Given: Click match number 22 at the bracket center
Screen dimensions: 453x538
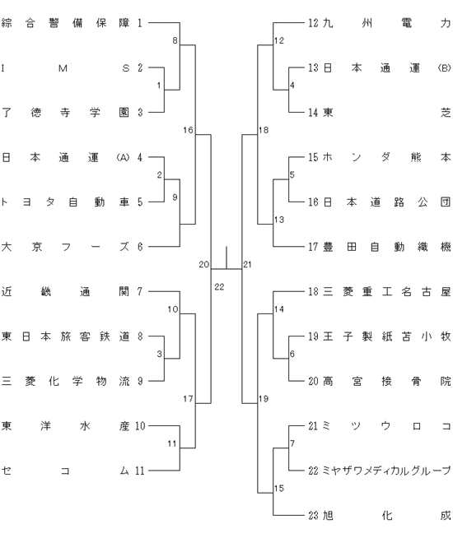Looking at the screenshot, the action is pyautogui.click(x=219, y=287).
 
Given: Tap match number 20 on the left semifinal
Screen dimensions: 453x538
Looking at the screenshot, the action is pyautogui.click(x=203, y=265).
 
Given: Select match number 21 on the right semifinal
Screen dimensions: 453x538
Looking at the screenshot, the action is pyautogui.click(x=247, y=265).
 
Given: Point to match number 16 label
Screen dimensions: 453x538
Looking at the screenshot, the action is pyautogui.click(x=189, y=130).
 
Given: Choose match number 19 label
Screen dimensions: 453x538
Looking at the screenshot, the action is pyautogui.click(x=264, y=399).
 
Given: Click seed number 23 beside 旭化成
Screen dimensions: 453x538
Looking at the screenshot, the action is pyautogui.click(x=313, y=515).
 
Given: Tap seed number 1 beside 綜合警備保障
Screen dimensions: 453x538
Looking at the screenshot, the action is pyautogui.click(x=140, y=23).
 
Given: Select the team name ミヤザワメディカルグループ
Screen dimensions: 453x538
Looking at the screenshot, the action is pyautogui.click(x=386, y=471).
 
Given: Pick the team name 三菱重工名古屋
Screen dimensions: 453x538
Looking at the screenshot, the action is pyautogui.click(x=386, y=292).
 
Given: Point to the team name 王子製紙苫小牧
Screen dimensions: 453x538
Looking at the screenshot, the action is pyautogui.click(x=386, y=336).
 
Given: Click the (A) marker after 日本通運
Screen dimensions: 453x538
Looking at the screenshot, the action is pyautogui.click(x=123, y=157).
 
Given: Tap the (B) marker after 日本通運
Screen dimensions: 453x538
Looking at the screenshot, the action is pyautogui.click(x=444, y=68).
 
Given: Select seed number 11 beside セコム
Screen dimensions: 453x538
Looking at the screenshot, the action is pyautogui.click(x=140, y=471).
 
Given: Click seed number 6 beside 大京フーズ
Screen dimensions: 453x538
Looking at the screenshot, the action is pyautogui.click(x=140, y=247).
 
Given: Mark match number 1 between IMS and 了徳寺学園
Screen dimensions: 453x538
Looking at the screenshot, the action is pyautogui.click(x=159, y=86).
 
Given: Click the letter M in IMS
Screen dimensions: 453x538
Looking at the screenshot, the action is pyautogui.click(x=63, y=68).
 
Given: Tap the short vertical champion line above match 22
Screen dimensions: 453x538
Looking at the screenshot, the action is pyautogui.click(x=226, y=257).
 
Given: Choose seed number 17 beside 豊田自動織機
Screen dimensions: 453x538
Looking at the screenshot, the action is pyautogui.click(x=313, y=247).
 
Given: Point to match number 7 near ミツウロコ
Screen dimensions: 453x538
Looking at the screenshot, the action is pyautogui.click(x=292, y=443).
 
